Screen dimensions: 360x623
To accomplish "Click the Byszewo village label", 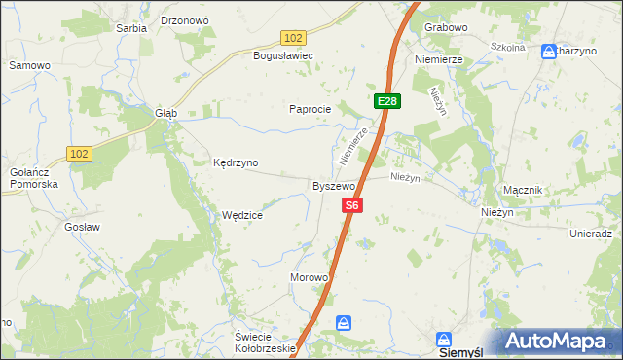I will [333, 185].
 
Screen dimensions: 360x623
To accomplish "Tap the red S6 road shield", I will [352, 205].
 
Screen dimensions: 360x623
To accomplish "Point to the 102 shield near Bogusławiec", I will [294, 37].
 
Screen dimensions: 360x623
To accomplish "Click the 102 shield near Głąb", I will [80, 153].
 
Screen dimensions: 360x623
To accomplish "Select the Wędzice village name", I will [242, 216].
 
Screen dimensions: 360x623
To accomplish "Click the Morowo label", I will [310, 277].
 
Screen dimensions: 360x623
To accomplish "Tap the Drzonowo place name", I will [185, 19].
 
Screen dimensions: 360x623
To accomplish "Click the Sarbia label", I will [131, 28].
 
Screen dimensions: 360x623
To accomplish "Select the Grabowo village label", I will [446, 27].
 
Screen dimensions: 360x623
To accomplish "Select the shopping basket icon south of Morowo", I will [343, 322].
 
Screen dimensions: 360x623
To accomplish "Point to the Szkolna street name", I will [507, 47].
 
